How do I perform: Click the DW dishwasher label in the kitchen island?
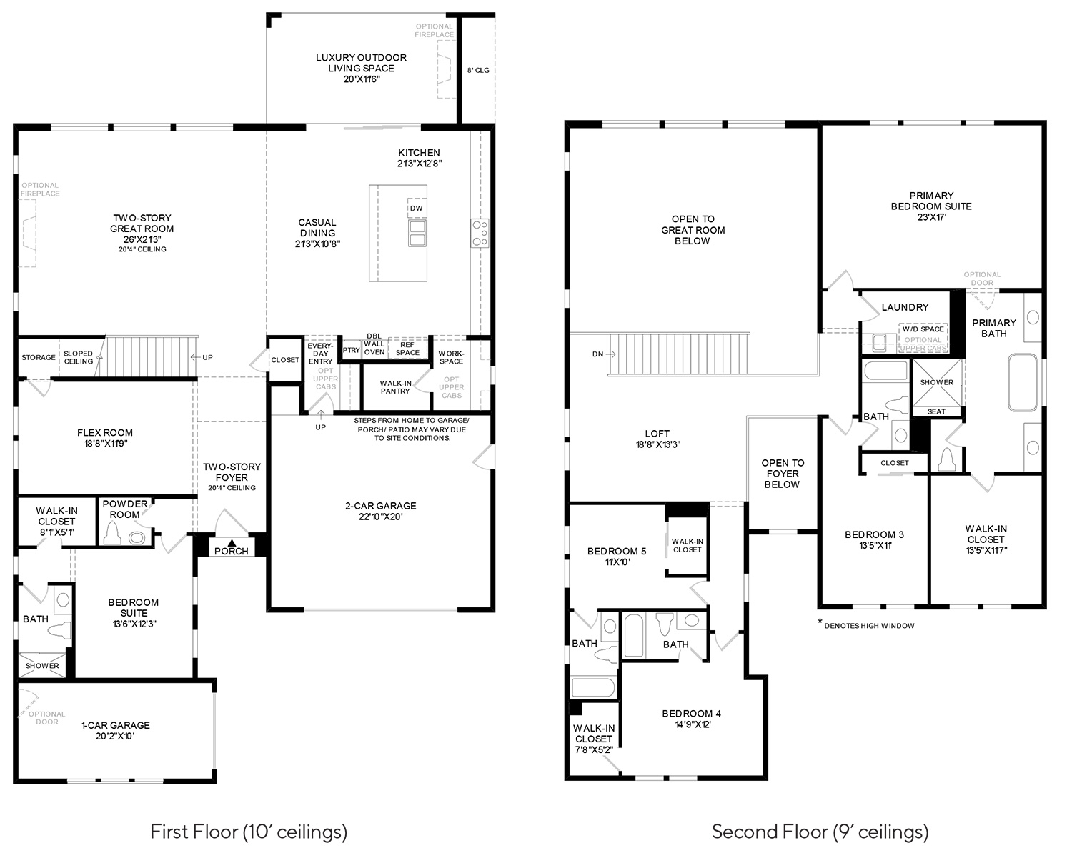(x=416, y=208)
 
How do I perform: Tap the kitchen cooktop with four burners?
(x=480, y=233)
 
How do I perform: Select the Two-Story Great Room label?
(x=142, y=224)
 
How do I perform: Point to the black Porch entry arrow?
(x=232, y=543)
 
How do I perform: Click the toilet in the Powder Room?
(x=113, y=534)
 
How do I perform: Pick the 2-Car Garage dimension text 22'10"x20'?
(x=381, y=517)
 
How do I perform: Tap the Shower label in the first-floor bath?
(x=42, y=666)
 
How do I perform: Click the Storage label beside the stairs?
(x=39, y=357)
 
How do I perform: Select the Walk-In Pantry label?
(x=395, y=387)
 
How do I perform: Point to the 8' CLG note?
(x=478, y=71)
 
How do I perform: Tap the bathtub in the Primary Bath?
(x=1023, y=382)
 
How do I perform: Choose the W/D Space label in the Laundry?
(x=923, y=329)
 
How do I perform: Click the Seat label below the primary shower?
(x=936, y=411)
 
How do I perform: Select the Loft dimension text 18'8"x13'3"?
(x=657, y=444)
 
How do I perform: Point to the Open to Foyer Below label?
(x=783, y=474)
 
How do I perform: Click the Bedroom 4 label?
(x=691, y=714)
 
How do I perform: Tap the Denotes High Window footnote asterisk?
(x=820, y=622)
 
